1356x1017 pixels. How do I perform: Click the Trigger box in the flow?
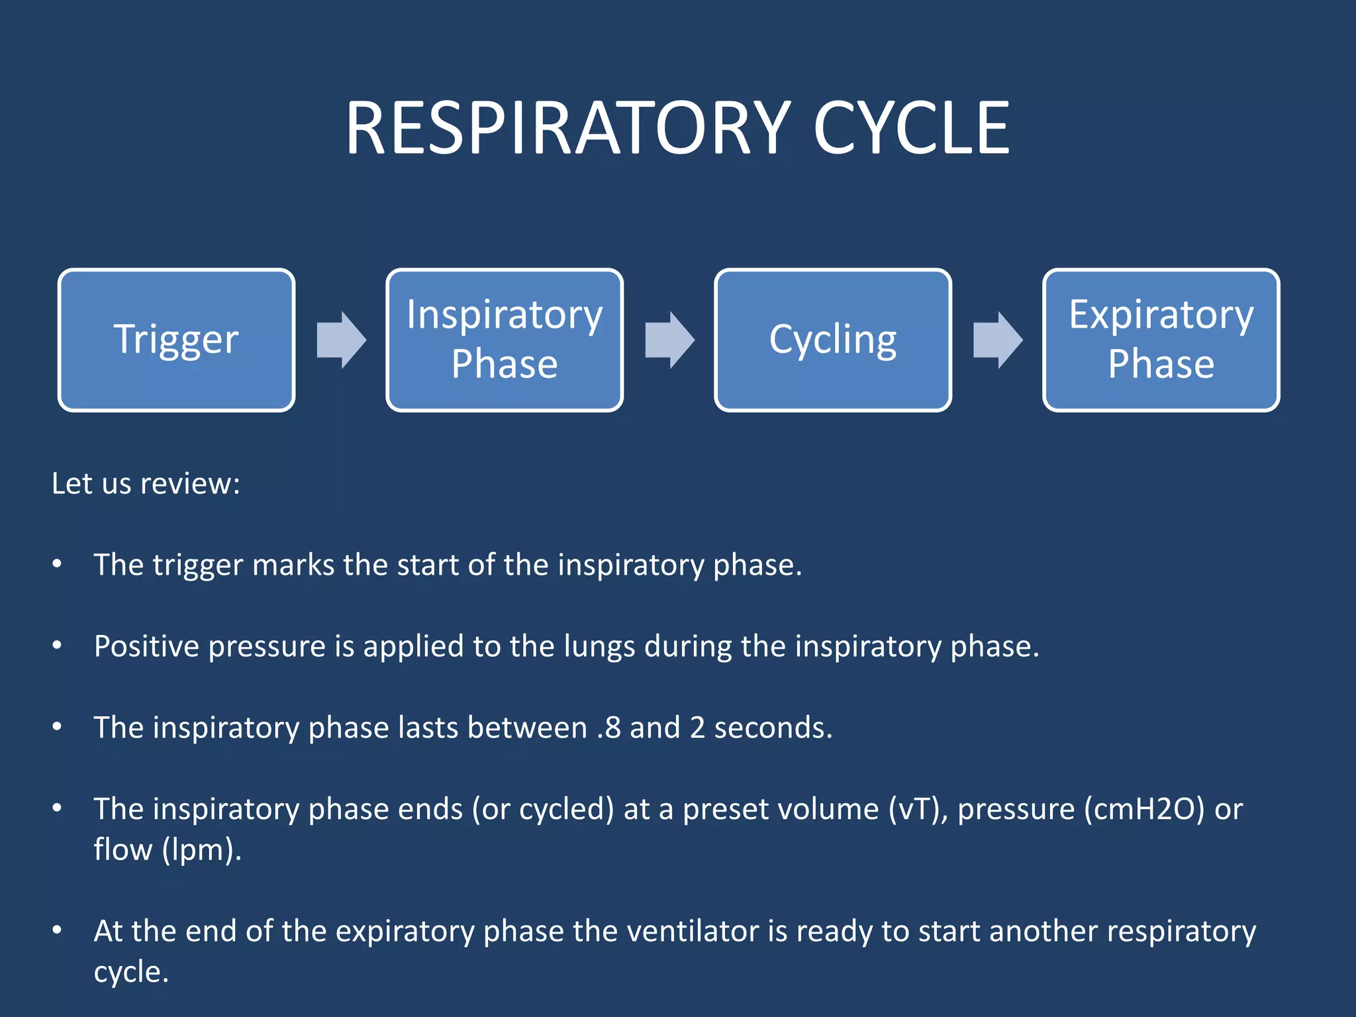click(x=176, y=340)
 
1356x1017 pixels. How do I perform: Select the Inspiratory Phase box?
click(x=504, y=340)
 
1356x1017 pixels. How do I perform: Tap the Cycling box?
click(x=832, y=340)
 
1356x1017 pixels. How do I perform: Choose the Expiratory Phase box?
click(x=1161, y=340)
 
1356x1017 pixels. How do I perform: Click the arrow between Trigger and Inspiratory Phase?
click(x=341, y=340)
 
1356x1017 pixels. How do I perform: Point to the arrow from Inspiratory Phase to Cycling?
click(x=669, y=340)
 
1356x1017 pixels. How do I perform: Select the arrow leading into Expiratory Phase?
click(x=997, y=340)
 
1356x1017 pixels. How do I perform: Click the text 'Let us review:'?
click(x=146, y=483)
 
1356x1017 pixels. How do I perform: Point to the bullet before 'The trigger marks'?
click(x=58, y=564)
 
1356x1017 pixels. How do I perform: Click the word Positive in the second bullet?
click(x=146, y=646)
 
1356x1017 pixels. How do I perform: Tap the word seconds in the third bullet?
click(x=773, y=728)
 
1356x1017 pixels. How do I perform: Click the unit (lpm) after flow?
click(x=201, y=850)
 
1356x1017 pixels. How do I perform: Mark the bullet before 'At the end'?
click(x=58, y=931)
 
